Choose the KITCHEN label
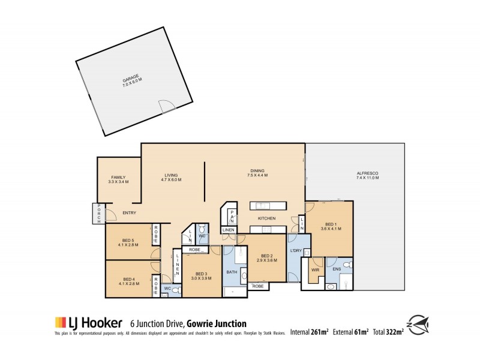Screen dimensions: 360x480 coord(266,218)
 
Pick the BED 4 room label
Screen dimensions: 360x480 coord(129,281)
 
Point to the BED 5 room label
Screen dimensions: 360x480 coord(129,243)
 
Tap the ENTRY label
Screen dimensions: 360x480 coord(129,213)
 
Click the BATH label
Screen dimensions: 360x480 coord(232,272)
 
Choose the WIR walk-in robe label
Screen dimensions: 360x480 coord(314,270)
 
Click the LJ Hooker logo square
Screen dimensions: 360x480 coord(60,322)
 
